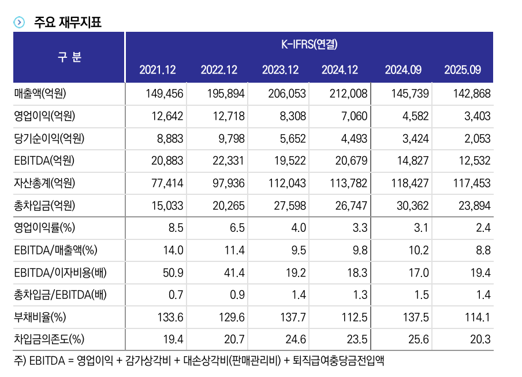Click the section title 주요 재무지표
pos(68,23)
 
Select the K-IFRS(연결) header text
pos(309,43)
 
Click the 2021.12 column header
pos(158,70)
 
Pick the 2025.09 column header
pos(463,70)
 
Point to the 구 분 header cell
pos(69,57)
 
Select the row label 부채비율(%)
pos(40,316)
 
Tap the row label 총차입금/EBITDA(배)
pos(60,295)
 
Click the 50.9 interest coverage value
pos(173,272)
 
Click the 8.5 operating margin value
pos(176,228)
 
